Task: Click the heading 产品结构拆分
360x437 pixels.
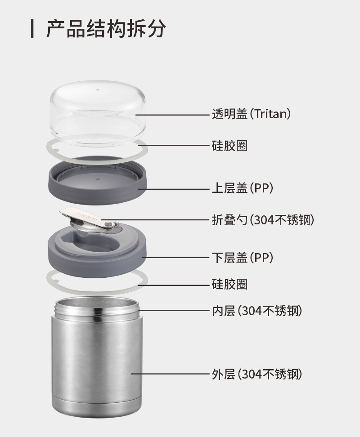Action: (x=106, y=28)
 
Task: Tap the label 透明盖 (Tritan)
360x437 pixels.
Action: (x=251, y=114)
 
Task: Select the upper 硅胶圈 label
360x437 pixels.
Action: (x=229, y=146)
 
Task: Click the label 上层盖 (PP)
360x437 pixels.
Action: (x=242, y=188)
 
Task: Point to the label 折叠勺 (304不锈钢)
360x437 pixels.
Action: (x=263, y=220)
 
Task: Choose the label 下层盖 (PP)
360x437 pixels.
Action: (x=242, y=257)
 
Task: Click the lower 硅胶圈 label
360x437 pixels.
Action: (x=229, y=284)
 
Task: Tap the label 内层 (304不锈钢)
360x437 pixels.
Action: (x=257, y=311)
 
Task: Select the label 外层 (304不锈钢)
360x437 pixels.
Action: (x=257, y=374)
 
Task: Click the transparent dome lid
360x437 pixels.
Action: (x=98, y=113)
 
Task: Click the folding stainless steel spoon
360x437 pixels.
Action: (x=88, y=219)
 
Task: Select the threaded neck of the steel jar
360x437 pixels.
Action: (x=97, y=308)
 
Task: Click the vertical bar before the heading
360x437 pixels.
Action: (x=32, y=28)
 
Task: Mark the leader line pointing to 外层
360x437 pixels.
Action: (x=170, y=374)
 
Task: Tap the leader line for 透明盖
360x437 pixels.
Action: (x=172, y=115)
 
